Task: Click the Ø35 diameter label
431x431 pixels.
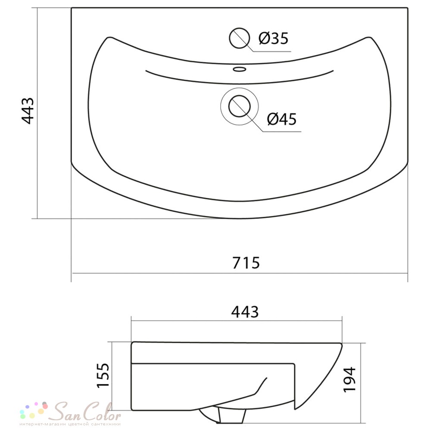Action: click(274, 38)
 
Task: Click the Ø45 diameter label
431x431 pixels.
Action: click(282, 119)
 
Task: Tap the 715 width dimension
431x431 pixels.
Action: click(246, 263)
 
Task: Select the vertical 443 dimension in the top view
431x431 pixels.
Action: click(28, 111)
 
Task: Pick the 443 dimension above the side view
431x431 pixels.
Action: click(245, 312)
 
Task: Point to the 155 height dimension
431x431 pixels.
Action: click(103, 375)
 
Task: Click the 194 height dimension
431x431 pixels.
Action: click(350, 379)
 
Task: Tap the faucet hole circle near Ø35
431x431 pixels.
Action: click(239, 38)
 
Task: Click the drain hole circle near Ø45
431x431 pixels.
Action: click(239, 106)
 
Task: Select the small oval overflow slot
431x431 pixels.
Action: click(239, 69)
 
